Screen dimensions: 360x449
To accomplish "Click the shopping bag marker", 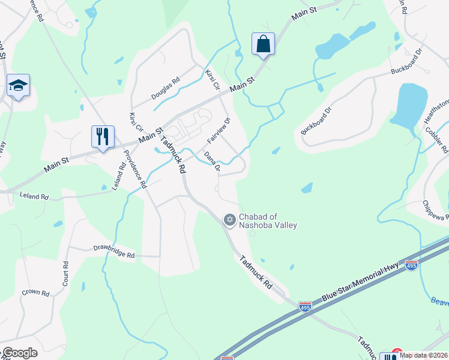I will pyautogui.click(x=263, y=44).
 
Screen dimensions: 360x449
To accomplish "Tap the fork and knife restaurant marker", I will pyautogui.click(x=103, y=136).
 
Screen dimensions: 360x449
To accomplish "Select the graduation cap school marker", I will pyautogui.click(x=19, y=86).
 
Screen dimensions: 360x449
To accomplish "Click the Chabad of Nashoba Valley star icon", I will pyautogui.click(x=229, y=220).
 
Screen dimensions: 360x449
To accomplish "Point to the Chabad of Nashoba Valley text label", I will pyautogui.click(x=268, y=221).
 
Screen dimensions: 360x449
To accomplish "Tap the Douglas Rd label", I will pyautogui.click(x=165, y=89).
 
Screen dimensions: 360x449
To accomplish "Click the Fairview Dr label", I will pyautogui.click(x=219, y=131).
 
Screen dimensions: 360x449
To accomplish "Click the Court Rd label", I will pyautogui.click(x=65, y=273).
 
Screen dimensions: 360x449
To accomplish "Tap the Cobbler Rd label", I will pyautogui.click(x=436, y=139).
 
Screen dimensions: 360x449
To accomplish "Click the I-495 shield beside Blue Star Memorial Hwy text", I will pyautogui.click(x=411, y=264).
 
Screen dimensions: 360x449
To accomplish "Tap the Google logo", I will pyautogui.click(x=19, y=353).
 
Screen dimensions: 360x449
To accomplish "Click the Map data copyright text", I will pyautogui.click(x=423, y=355).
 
